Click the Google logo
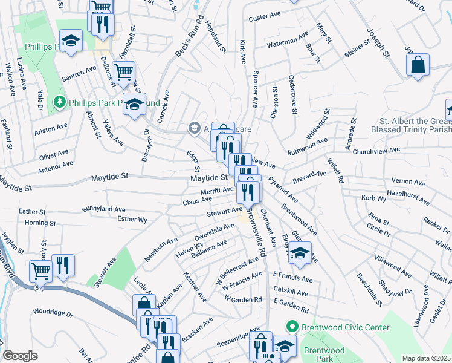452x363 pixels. [20, 356]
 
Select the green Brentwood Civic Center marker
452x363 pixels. [293, 327]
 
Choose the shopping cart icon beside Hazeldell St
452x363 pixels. [123, 71]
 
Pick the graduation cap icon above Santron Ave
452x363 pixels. [71, 41]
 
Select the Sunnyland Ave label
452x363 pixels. [105, 209]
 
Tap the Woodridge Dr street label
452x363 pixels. [53, 315]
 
